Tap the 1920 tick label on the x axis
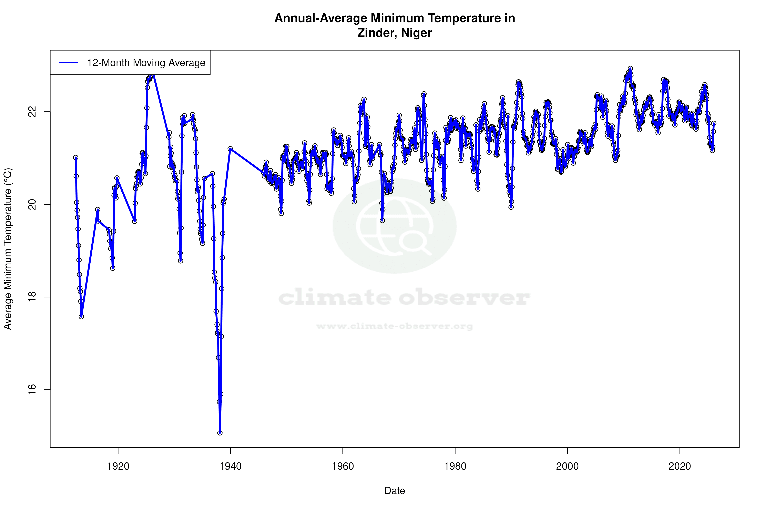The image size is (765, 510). (118, 466)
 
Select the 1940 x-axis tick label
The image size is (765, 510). (230, 466)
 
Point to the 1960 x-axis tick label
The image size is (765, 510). (343, 466)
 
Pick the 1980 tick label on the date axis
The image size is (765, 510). (455, 466)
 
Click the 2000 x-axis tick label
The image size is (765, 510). (567, 466)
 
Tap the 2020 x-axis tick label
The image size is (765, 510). (680, 466)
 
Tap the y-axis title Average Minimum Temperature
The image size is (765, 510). (8, 249)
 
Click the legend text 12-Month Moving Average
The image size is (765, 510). (146, 63)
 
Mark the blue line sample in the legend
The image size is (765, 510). (69, 63)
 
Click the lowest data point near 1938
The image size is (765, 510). (220, 433)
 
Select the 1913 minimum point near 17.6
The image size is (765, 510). (81, 316)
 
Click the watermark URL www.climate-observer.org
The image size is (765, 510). (395, 326)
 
